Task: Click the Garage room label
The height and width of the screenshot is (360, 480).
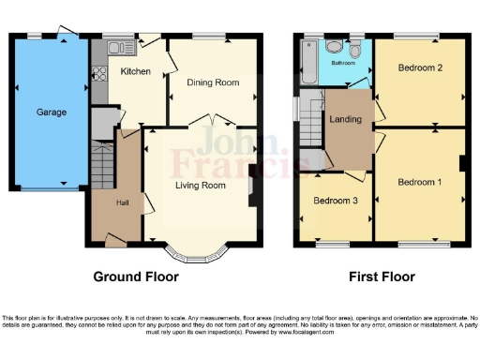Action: pyautogui.click(x=52, y=112)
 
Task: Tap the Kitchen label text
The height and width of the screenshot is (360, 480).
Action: pyautogui.click(x=135, y=71)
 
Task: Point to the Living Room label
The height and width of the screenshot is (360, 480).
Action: pyautogui.click(x=201, y=186)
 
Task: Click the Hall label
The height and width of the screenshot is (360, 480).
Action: pyautogui.click(x=122, y=202)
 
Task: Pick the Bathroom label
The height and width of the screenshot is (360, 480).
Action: pyautogui.click(x=335, y=64)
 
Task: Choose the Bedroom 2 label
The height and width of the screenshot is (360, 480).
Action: pyautogui.click(x=419, y=68)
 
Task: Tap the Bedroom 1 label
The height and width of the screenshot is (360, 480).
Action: pyautogui.click(x=419, y=181)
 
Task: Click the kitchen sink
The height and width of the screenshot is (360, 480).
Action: pyautogui.click(x=118, y=48)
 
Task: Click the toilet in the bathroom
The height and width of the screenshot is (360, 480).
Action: pyautogui.click(x=335, y=46)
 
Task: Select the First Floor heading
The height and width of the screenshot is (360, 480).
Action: pyautogui.click(x=382, y=277)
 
